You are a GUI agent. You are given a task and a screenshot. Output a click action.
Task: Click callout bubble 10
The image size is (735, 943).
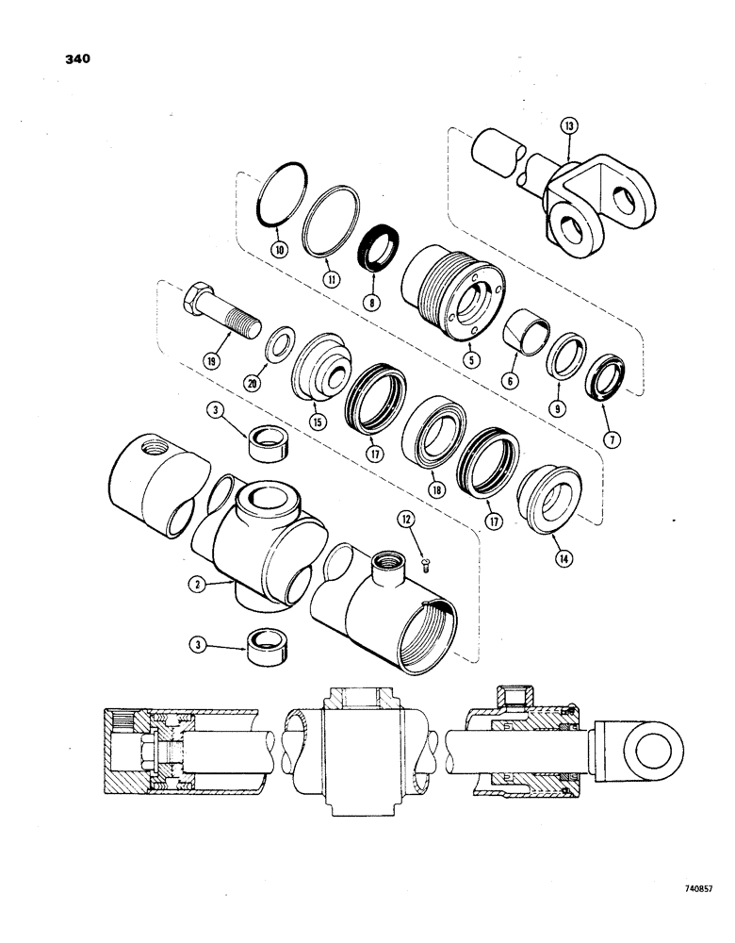click(279, 250)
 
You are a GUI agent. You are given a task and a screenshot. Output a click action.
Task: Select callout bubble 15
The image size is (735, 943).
click(317, 422)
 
